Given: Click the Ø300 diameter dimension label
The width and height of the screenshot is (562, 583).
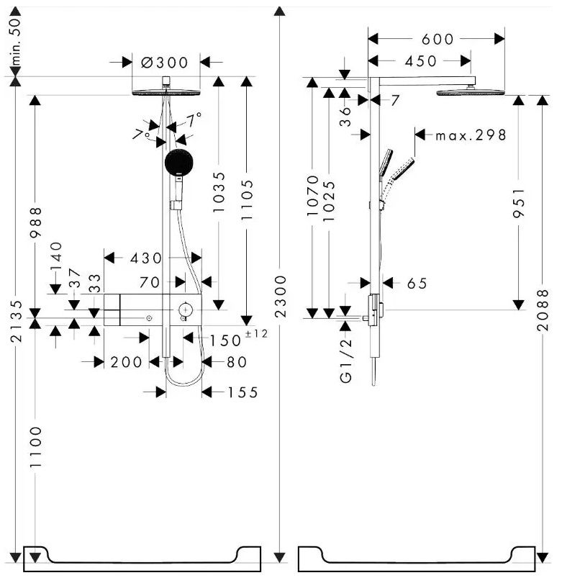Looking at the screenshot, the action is tap(165, 62).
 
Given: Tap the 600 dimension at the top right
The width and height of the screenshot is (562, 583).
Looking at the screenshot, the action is tap(438, 39).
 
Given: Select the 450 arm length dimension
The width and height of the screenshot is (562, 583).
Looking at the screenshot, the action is tap(421, 61).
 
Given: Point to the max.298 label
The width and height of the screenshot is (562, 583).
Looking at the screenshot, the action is tap(471, 135).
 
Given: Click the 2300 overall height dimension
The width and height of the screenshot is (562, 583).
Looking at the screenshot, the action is tap(281, 297).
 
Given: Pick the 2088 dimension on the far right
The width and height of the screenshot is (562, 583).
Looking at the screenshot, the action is tap(543, 309).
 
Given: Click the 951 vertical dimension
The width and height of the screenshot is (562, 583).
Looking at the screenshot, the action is tap(519, 203).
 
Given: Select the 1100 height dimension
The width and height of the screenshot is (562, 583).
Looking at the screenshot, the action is tap(36, 447).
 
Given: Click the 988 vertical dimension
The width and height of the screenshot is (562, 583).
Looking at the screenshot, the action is tap(36, 222).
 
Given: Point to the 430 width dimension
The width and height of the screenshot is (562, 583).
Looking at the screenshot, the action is tap(146, 258).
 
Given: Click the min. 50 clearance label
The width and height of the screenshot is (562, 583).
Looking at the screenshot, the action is tap(16, 41).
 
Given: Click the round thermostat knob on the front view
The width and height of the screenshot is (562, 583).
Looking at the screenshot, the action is tap(186, 309).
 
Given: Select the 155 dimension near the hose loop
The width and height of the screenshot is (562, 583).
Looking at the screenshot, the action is tap(243, 392).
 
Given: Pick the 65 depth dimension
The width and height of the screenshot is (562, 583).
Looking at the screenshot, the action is tap(417, 284).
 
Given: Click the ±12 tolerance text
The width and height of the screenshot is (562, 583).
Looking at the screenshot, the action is tap(256, 333).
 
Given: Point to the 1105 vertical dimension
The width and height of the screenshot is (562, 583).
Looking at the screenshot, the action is tap(247, 199).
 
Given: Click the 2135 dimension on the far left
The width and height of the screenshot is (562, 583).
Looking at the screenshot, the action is tap(16, 321).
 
